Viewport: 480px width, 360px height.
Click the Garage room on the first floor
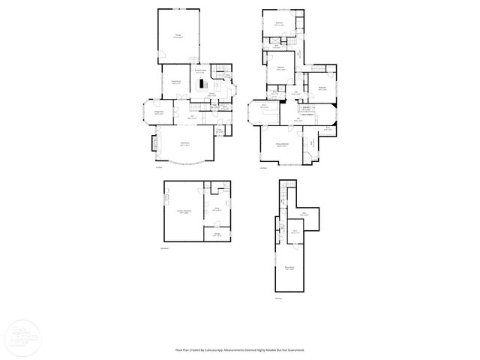(178, 36)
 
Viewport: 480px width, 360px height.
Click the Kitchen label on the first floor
(211, 94)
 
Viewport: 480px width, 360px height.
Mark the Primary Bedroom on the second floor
(283, 145)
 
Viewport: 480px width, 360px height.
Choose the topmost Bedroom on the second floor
(279, 24)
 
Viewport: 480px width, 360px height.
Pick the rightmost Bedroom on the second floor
(321, 88)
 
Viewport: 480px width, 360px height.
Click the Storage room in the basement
(216, 235)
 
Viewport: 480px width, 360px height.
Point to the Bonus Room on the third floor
(289, 268)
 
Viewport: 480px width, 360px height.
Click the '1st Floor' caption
(159, 168)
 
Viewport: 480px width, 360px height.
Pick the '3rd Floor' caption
(277, 298)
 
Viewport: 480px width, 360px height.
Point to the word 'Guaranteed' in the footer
(295, 349)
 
